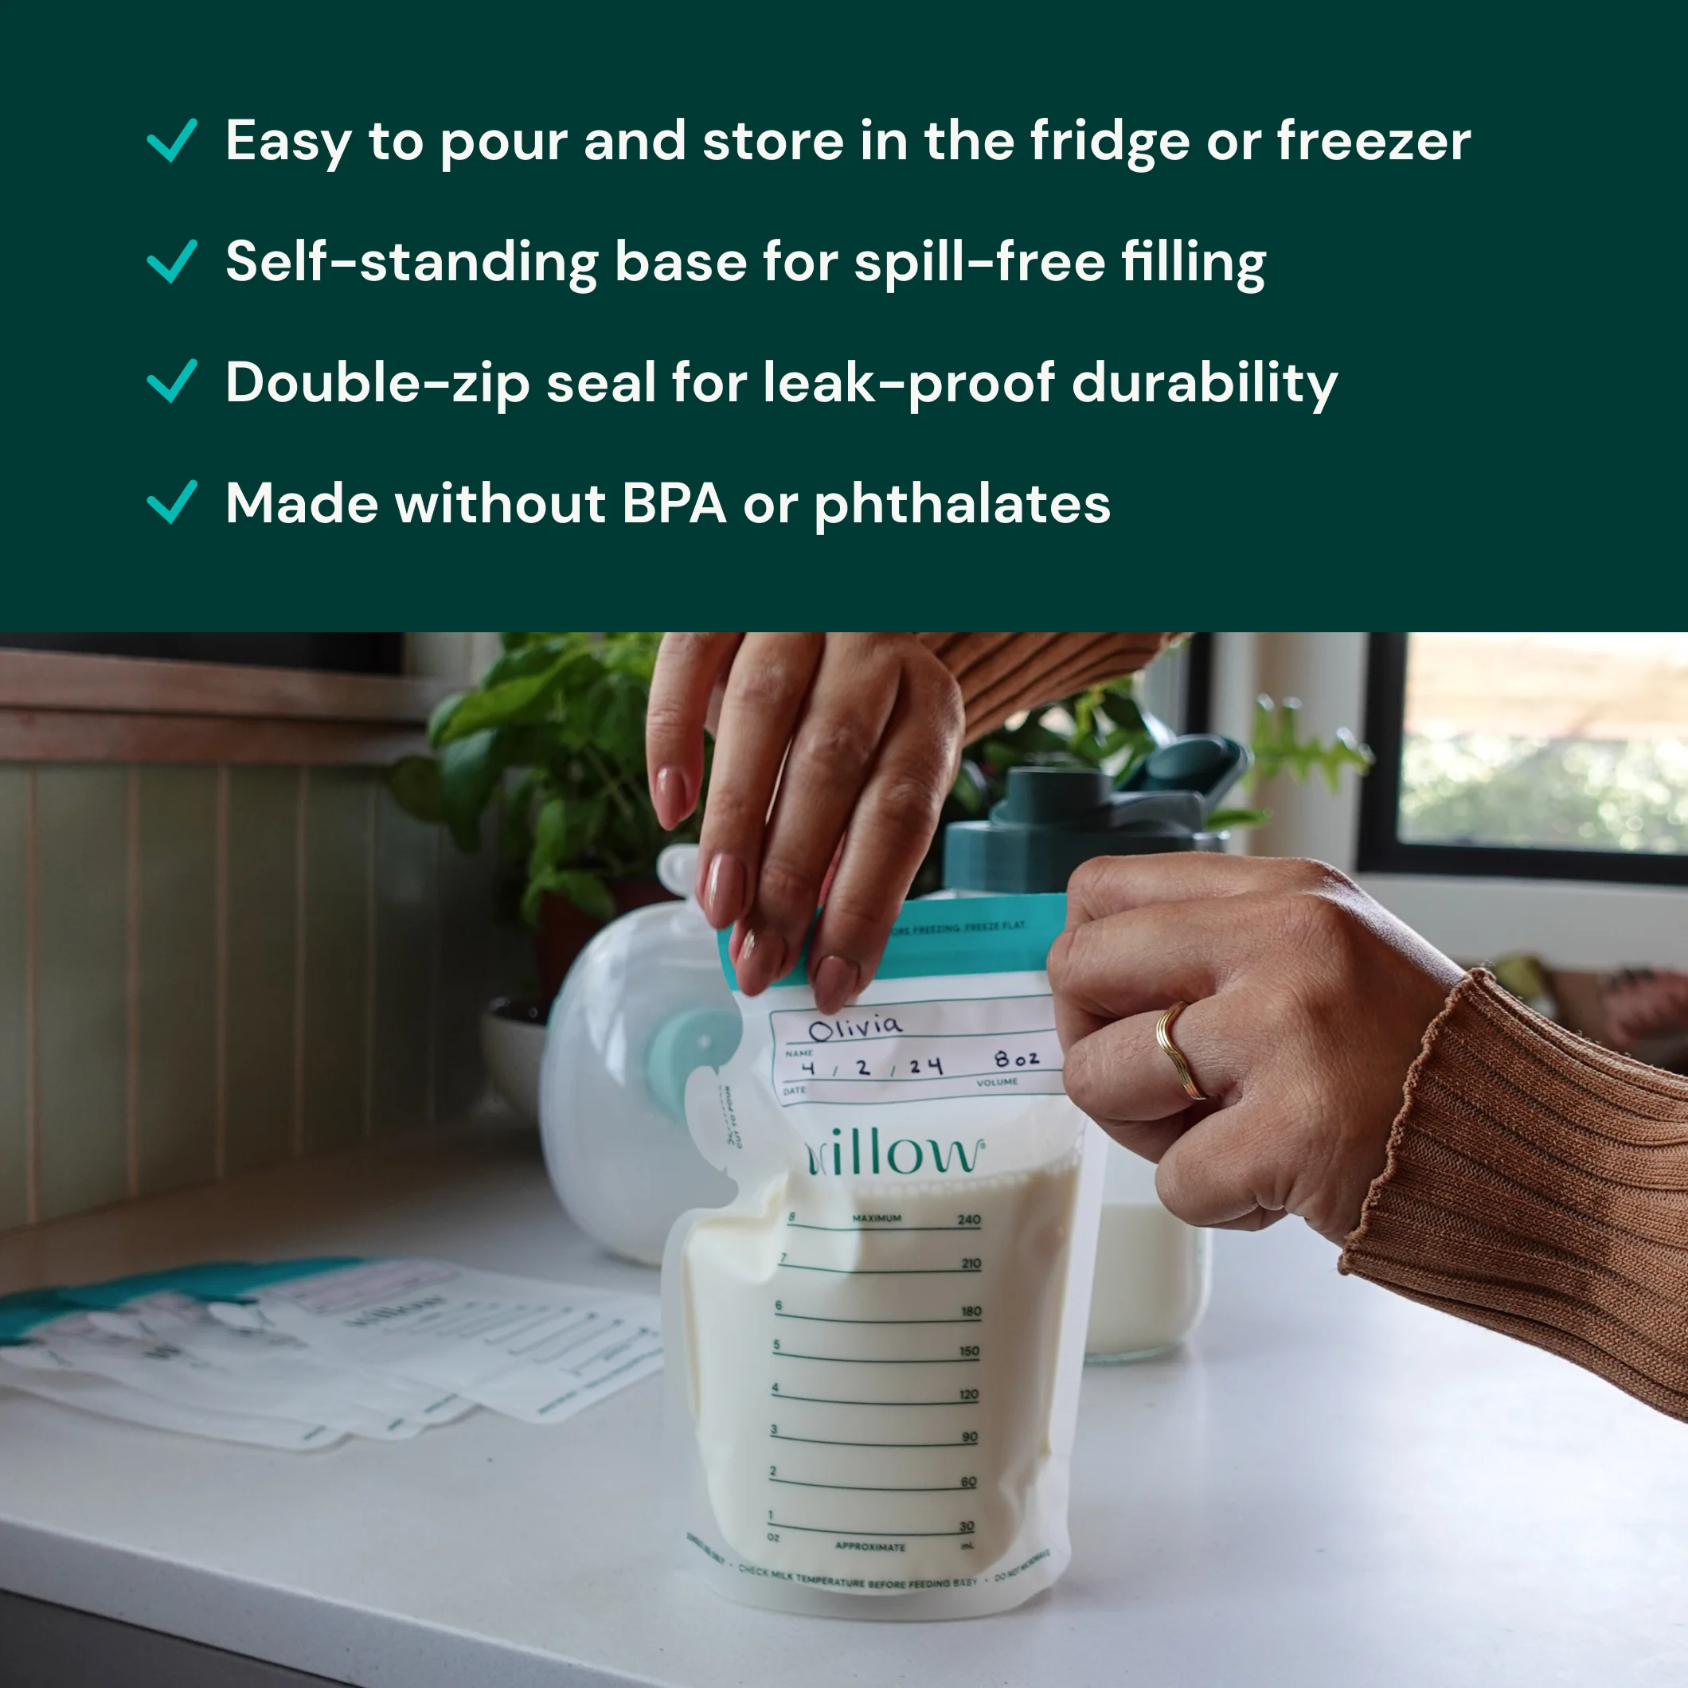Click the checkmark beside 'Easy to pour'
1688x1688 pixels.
pyautogui.click(x=172, y=141)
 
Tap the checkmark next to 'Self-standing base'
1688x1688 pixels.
pyautogui.click(x=172, y=261)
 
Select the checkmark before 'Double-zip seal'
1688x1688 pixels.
pyautogui.click(x=172, y=382)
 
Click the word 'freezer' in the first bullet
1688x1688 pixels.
pyautogui.click(x=1373, y=141)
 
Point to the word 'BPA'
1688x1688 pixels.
pyautogui.click(x=674, y=504)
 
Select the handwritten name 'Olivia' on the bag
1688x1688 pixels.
pyautogui.click(x=854, y=1026)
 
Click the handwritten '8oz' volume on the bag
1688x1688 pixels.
pyautogui.click(x=1016, y=1059)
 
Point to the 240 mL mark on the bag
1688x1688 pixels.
pyautogui.click(x=969, y=1220)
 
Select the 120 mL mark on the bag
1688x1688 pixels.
pyautogui.click(x=969, y=1394)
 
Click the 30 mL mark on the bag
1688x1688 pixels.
pyautogui.click(x=967, y=1526)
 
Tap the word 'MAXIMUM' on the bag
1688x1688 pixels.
pyautogui.click(x=877, y=1218)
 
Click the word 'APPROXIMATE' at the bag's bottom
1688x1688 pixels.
pyautogui.click(x=870, y=1546)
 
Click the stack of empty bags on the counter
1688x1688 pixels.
pyautogui.click(x=332, y=1346)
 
